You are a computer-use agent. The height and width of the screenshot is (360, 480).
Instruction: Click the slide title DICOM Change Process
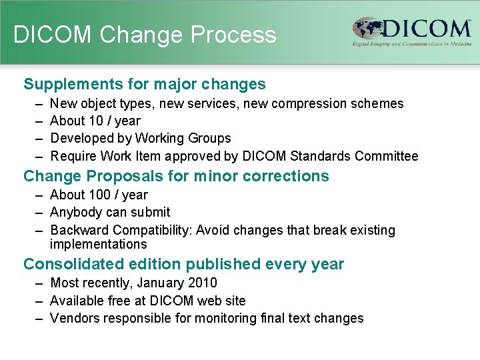point(145,35)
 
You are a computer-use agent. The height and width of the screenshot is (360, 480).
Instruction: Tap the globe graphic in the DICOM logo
point(367,30)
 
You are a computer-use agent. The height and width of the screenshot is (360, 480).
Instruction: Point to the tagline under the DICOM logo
point(412,44)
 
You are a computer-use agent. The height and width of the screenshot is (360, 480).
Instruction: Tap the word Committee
point(387,157)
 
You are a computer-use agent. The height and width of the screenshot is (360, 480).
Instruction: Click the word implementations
point(98,244)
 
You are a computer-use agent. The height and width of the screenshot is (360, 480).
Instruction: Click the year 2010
point(202,283)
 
